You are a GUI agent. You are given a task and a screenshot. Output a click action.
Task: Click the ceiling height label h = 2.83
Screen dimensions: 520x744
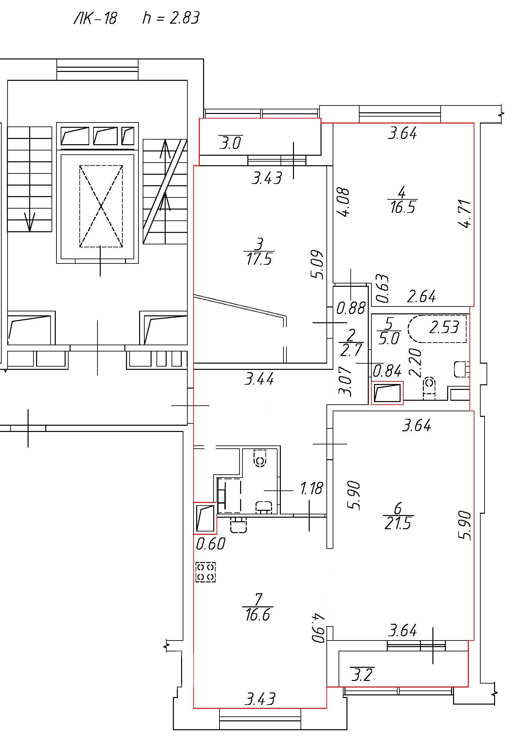click(x=171, y=18)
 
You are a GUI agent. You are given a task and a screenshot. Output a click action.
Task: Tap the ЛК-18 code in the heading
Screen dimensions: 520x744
click(x=95, y=18)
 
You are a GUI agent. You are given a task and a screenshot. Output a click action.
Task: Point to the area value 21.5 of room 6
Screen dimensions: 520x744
click(x=398, y=523)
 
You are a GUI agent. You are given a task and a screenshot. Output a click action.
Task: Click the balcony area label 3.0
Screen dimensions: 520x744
click(x=231, y=143)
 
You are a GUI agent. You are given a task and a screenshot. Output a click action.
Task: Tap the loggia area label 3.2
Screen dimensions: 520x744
click(x=362, y=675)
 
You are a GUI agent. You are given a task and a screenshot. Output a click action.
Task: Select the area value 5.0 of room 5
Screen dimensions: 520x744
click(x=389, y=339)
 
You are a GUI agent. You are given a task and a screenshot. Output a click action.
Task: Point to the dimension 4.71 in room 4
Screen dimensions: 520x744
click(x=465, y=214)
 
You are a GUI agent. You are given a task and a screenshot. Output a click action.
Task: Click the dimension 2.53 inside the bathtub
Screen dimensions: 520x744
click(x=444, y=327)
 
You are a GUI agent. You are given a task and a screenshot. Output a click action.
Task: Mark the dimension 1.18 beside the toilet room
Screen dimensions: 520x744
click(x=312, y=488)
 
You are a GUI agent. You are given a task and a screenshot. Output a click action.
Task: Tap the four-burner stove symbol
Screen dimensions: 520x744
click(x=205, y=572)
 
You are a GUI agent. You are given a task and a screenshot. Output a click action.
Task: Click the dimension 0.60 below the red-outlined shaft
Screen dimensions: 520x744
click(x=211, y=544)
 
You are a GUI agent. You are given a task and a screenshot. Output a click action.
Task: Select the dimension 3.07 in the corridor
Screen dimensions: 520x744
click(x=345, y=381)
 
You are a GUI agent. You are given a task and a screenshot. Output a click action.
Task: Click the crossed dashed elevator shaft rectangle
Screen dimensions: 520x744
click(x=101, y=206)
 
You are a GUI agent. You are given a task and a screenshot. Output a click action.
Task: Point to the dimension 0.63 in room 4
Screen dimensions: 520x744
click(x=383, y=288)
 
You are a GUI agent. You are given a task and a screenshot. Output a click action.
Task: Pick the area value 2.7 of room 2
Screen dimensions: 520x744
click(x=351, y=350)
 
